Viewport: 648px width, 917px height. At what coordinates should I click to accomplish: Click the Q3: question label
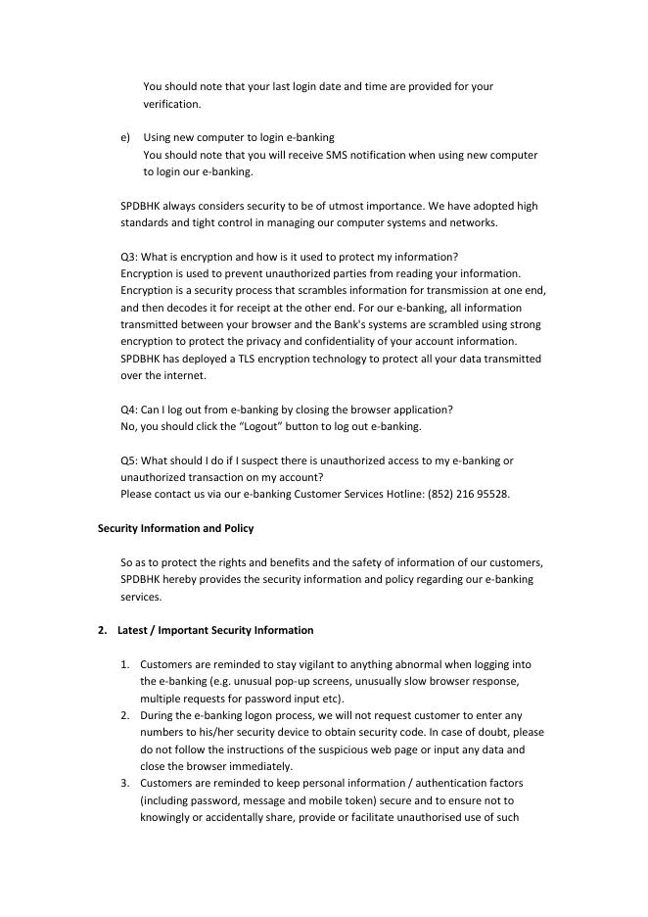tap(128, 257)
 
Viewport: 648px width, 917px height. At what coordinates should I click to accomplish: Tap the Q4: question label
tap(128, 410)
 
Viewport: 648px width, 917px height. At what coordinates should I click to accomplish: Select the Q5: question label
tap(128, 460)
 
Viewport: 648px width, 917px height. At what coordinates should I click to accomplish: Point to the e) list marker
tap(124, 137)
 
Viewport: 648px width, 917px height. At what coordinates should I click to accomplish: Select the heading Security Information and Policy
tap(175, 528)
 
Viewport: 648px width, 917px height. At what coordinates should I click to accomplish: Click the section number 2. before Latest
tap(103, 630)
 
